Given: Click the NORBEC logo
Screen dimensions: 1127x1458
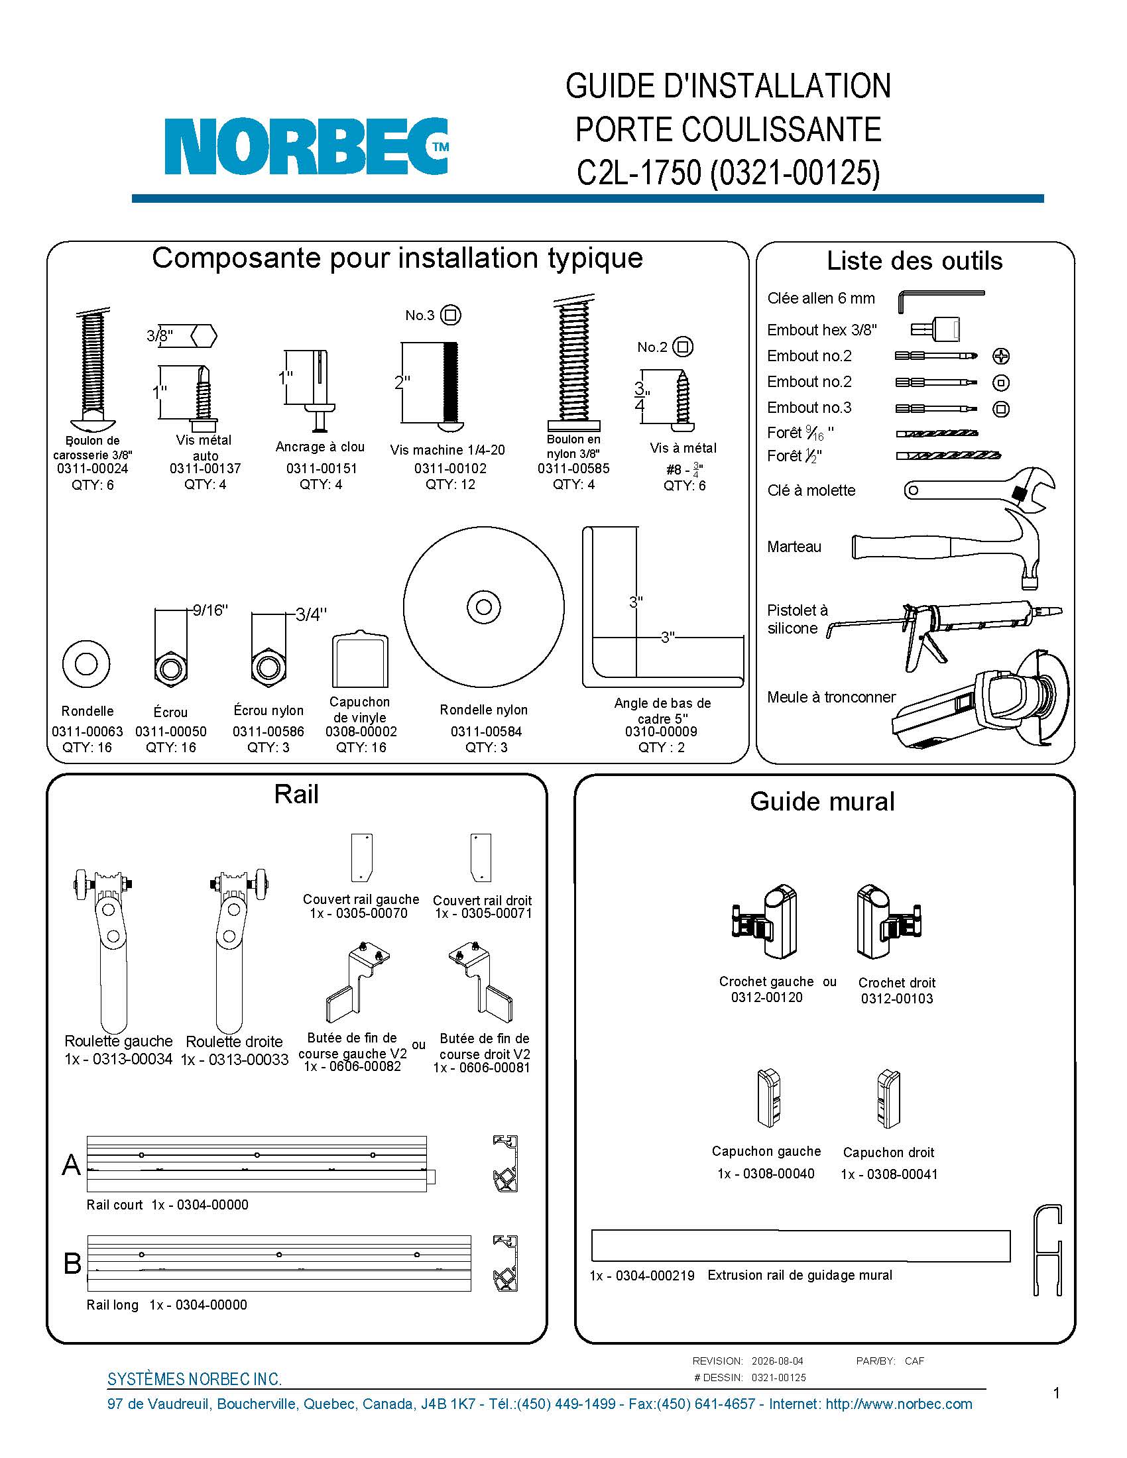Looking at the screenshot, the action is [306, 146].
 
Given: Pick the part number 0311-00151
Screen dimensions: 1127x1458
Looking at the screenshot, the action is [321, 469].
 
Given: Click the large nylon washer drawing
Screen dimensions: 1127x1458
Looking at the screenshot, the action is [483, 607].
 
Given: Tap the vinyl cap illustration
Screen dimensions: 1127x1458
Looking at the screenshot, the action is [361, 658].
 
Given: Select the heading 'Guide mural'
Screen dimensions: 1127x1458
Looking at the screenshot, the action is [822, 801].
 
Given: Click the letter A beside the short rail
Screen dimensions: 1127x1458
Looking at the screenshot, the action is [72, 1165].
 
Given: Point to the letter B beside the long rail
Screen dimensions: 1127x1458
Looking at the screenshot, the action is [72, 1264].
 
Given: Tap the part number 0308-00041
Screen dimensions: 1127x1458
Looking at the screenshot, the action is [902, 1174].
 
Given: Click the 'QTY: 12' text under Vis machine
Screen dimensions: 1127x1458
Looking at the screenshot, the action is [451, 484].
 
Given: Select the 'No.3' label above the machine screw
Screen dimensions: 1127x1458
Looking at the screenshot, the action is [420, 315].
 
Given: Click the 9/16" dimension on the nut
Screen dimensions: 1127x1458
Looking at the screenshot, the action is [210, 610].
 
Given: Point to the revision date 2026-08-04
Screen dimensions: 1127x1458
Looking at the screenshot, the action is [777, 1361].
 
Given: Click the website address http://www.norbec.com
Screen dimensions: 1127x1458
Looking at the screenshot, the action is [899, 1404].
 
